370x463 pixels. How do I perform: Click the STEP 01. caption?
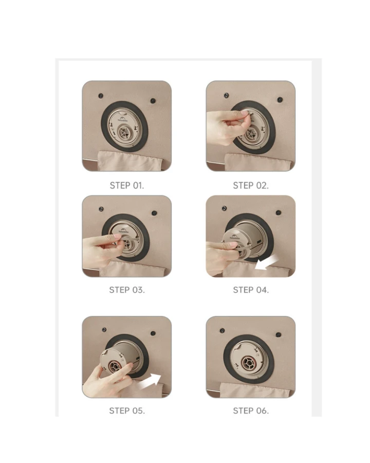click(127, 185)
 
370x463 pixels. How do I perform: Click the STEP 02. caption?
click(251, 185)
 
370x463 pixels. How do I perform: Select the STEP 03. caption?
click(127, 290)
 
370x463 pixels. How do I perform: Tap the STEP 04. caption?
click(251, 290)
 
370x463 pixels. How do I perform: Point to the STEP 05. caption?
click(127, 411)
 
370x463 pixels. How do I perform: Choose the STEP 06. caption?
click(251, 411)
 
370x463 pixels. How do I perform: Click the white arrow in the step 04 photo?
click(266, 262)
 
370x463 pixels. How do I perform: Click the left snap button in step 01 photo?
click(101, 96)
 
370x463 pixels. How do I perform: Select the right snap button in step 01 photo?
click(153, 101)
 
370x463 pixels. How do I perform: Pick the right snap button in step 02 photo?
click(280, 99)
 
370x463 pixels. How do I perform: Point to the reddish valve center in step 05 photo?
click(115, 366)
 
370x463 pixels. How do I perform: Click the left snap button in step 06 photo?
click(222, 330)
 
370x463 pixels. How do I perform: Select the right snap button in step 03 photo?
click(154, 213)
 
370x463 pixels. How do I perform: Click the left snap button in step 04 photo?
click(224, 208)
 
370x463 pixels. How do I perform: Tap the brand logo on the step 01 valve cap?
click(122, 119)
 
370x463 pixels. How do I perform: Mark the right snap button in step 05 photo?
click(153, 333)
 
